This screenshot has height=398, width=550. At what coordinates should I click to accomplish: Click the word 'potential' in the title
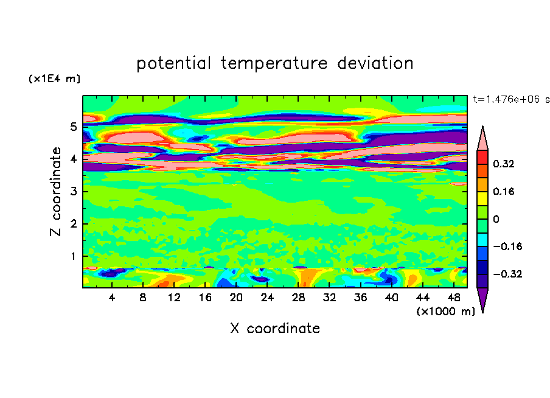coord(173,63)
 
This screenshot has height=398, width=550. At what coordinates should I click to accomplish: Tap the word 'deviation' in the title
coord(375,63)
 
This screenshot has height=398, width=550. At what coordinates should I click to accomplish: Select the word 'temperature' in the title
coord(274,63)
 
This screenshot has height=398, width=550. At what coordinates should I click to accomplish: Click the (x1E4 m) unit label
coord(54,79)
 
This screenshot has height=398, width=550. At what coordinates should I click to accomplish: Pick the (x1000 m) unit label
coord(445,311)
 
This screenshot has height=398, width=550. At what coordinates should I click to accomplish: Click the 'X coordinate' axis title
coord(275,328)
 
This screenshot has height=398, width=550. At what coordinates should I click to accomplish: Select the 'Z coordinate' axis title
coord(55,191)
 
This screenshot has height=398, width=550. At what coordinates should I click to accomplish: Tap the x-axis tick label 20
coord(236,298)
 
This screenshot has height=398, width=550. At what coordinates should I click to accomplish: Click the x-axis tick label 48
coord(454,298)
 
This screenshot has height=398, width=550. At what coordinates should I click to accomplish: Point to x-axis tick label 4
coord(111,298)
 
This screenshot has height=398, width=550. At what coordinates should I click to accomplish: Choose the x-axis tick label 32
coord(329,298)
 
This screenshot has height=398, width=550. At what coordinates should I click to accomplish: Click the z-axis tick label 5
coord(73,127)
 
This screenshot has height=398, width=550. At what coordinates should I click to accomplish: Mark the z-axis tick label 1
coord(73,256)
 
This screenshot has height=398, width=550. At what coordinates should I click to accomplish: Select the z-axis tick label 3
coord(73,191)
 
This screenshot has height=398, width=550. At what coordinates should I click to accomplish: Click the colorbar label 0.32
coord(503,164)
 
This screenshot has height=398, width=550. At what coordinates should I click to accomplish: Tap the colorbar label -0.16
coord(507,246)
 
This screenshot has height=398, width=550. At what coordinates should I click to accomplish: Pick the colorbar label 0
coord(496,219)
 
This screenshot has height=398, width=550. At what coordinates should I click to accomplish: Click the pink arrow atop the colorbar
coord(482,138)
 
